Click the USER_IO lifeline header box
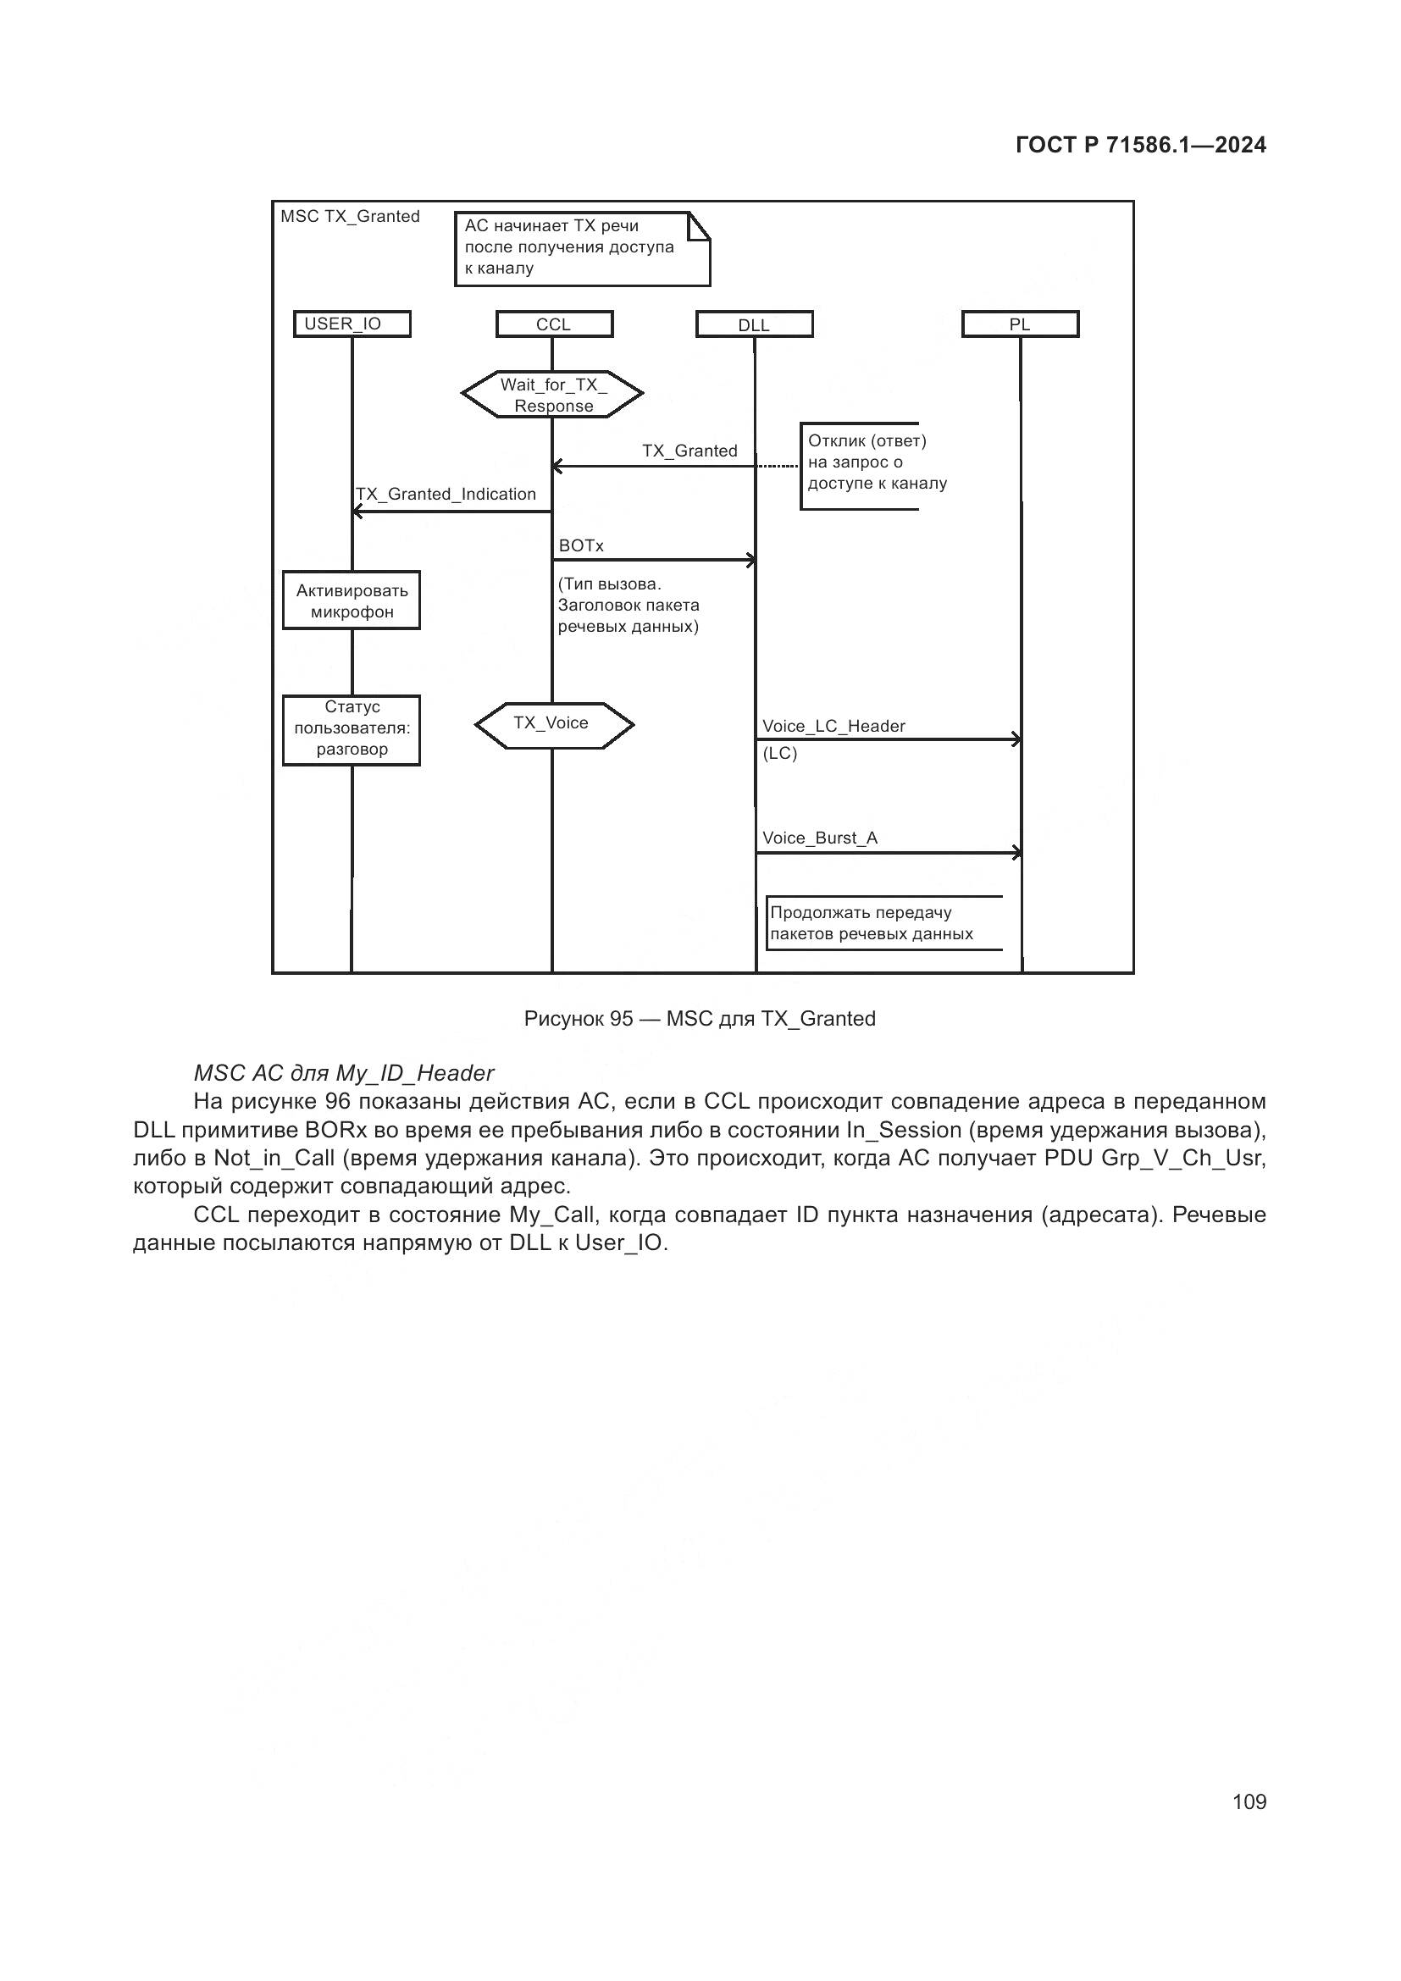pos(352,324)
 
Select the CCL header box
pos(554,324)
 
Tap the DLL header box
pos(754,325)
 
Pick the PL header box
pos(1020,324)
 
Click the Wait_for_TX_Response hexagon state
pos(553,396)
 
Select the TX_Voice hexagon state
pos(553,724)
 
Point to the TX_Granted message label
pos(689,451)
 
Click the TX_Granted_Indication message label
pos(446,494)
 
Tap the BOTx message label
pos(580,545)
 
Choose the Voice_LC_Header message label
pos(833,726)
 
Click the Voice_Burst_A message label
pos(820,838)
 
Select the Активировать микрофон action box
pos(352,600)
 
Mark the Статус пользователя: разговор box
pos(352,729)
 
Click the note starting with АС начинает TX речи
pos(581,247)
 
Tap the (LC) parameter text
pos(780,753)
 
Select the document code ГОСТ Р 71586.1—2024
pos(1140,145)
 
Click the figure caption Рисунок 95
pos(700,1019)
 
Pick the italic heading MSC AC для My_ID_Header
pos(343,1072)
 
